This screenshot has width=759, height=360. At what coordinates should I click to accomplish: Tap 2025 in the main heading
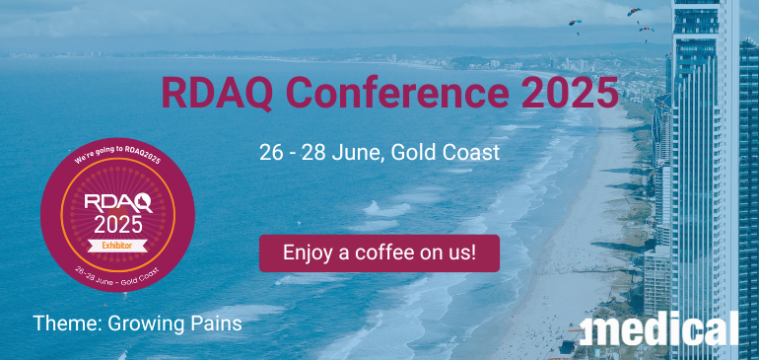click(x=571, y=95)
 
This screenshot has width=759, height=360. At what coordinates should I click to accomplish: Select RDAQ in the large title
click(x=208, y=95)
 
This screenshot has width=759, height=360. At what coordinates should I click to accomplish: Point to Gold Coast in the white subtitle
click(x=448, y=153)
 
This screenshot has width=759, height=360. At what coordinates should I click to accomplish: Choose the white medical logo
click(x=659, y=328)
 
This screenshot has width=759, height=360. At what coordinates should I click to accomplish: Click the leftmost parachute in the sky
click(x=575, y=24)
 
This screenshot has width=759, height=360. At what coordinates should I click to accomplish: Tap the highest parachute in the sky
click(x=633, y=13)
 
